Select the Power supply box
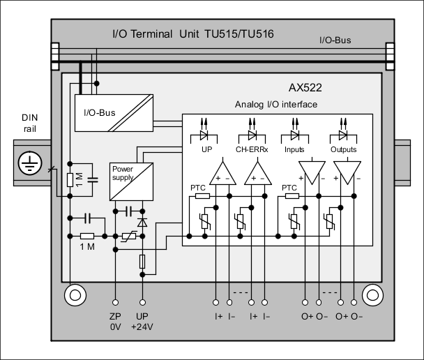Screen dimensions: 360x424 pyautogui.click(x=131, y=181)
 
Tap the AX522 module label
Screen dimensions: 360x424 pyautogui.click(x=305, y=89)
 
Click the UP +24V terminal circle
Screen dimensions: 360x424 pyautogui.click(x=143, y=303)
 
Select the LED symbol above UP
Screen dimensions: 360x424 pyautogui.click(x=206, y=133)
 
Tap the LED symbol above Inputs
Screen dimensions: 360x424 pyautogui.click(x=295, y=133)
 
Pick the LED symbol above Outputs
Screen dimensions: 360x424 pyautogui.click(x=343, y=133)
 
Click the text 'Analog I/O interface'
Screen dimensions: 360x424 pyautogui.click(x=276, y=105)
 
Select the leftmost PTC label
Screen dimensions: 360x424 pyautogui.click(x=199, y=188)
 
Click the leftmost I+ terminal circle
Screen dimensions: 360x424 pyautogui.click(x=216, y=303)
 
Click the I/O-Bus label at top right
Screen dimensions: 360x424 pyautogui.click(x=335, y=40)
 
